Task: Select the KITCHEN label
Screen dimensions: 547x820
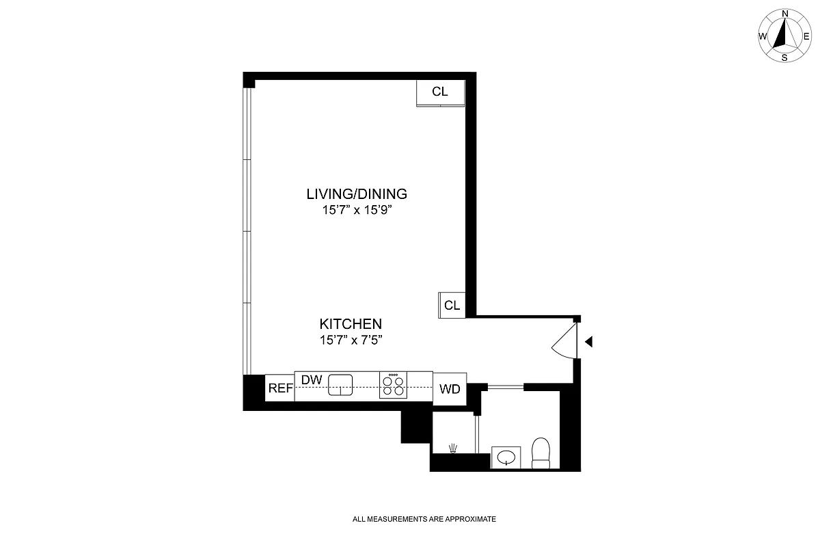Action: (x=351, y=323)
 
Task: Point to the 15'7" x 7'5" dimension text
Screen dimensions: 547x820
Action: (x=351, y=339)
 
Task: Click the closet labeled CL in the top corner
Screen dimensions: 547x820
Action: (x=440, y=92)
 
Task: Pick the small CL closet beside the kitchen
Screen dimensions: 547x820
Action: (x=452, y=305)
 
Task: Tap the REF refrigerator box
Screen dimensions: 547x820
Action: (x=280, y=388)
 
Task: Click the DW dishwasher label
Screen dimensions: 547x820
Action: (x=311, y=379)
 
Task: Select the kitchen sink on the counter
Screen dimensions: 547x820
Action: (x=340, y=385)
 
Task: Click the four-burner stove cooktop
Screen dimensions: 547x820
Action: (x=393, y=384)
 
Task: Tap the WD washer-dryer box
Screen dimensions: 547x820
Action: (x=450, y=389)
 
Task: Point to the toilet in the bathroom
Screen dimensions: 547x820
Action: (x=541, y=453)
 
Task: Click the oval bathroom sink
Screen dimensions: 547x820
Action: (x=506, y=457)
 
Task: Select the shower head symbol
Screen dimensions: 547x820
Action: (x=452, y=449)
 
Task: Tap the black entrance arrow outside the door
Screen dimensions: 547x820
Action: (x=588, y=341)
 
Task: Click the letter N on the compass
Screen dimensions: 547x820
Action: (x=785, y=14)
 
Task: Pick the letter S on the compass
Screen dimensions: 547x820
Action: (x=784, y=57)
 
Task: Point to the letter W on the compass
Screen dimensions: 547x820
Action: (x=762, y=36)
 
